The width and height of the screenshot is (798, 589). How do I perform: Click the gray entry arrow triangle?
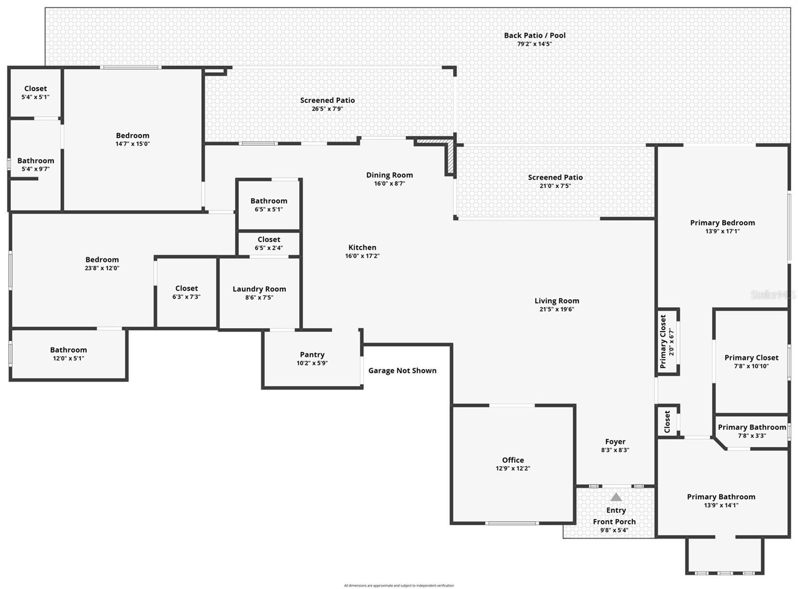pos(616,497)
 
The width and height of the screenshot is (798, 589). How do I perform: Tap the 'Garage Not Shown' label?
pos(402,371)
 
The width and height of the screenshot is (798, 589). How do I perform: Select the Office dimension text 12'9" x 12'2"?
pos(513,468)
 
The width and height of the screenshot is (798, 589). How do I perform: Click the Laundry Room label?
pos(259,289)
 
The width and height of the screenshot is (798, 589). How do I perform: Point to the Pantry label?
pos(312,355)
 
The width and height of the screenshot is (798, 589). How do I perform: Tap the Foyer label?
pos(615,441)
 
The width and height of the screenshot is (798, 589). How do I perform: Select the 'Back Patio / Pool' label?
pos(535,35)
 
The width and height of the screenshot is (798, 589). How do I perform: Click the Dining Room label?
pos(390,175)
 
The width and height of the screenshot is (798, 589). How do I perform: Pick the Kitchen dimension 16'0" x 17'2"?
pos(363,256)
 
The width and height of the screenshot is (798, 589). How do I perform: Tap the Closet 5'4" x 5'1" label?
pos(35,89)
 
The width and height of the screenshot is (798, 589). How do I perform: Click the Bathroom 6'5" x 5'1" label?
pos(269,201)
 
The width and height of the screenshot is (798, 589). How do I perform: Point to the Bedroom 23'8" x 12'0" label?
pos(102,259)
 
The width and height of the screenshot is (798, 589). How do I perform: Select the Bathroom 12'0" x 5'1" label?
pos(68,350)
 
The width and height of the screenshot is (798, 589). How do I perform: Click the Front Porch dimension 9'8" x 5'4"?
pos(614,530)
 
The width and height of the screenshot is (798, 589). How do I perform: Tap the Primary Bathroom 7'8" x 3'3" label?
pos(752,427)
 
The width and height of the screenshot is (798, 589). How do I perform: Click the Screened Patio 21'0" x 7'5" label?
pos(555,178)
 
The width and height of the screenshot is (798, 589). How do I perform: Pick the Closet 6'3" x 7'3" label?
pos(187,288)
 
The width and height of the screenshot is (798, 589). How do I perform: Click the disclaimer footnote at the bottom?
pos(399,586)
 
